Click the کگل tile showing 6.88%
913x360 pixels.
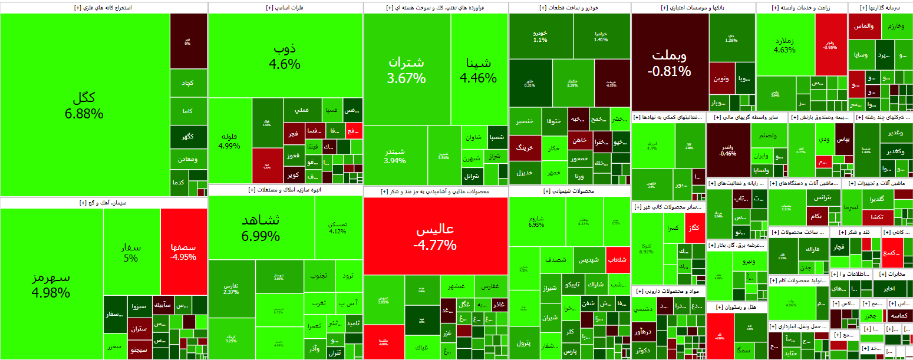coord(85,105)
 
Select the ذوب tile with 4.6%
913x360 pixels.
coord(285,56)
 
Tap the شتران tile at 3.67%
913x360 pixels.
coord(407,70)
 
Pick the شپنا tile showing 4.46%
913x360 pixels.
coord(479,70)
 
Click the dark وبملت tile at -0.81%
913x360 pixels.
coord(670,63)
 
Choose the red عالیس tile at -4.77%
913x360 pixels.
coord(436,236)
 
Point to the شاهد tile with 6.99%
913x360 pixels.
coord(261,228)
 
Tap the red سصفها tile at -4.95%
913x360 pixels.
coord(183,252)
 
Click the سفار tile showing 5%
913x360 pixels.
coord(131,252)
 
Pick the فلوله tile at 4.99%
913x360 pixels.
coord(230,141)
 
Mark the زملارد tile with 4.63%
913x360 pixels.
coord(785,45)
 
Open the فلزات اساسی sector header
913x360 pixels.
coord(285,8)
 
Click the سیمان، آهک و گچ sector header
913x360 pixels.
coord(104,203)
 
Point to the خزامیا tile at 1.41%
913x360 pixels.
coord(601,35)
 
